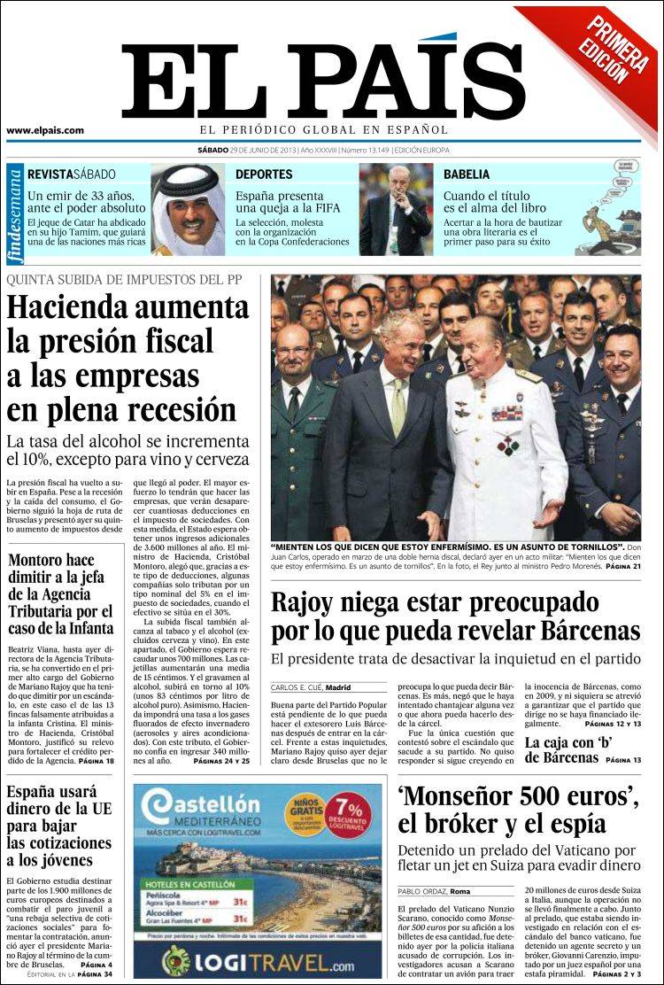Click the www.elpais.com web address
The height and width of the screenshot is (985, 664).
point(45,130)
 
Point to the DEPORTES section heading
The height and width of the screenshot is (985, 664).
point(264,175)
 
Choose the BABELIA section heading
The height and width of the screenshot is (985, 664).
point(467,175)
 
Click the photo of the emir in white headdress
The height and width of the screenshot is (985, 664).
point(188,209)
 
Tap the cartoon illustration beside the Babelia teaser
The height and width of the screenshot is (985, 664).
point(609,208)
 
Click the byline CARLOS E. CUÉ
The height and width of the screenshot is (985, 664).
point(296,687)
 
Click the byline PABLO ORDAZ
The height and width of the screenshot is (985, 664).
point(421,890)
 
